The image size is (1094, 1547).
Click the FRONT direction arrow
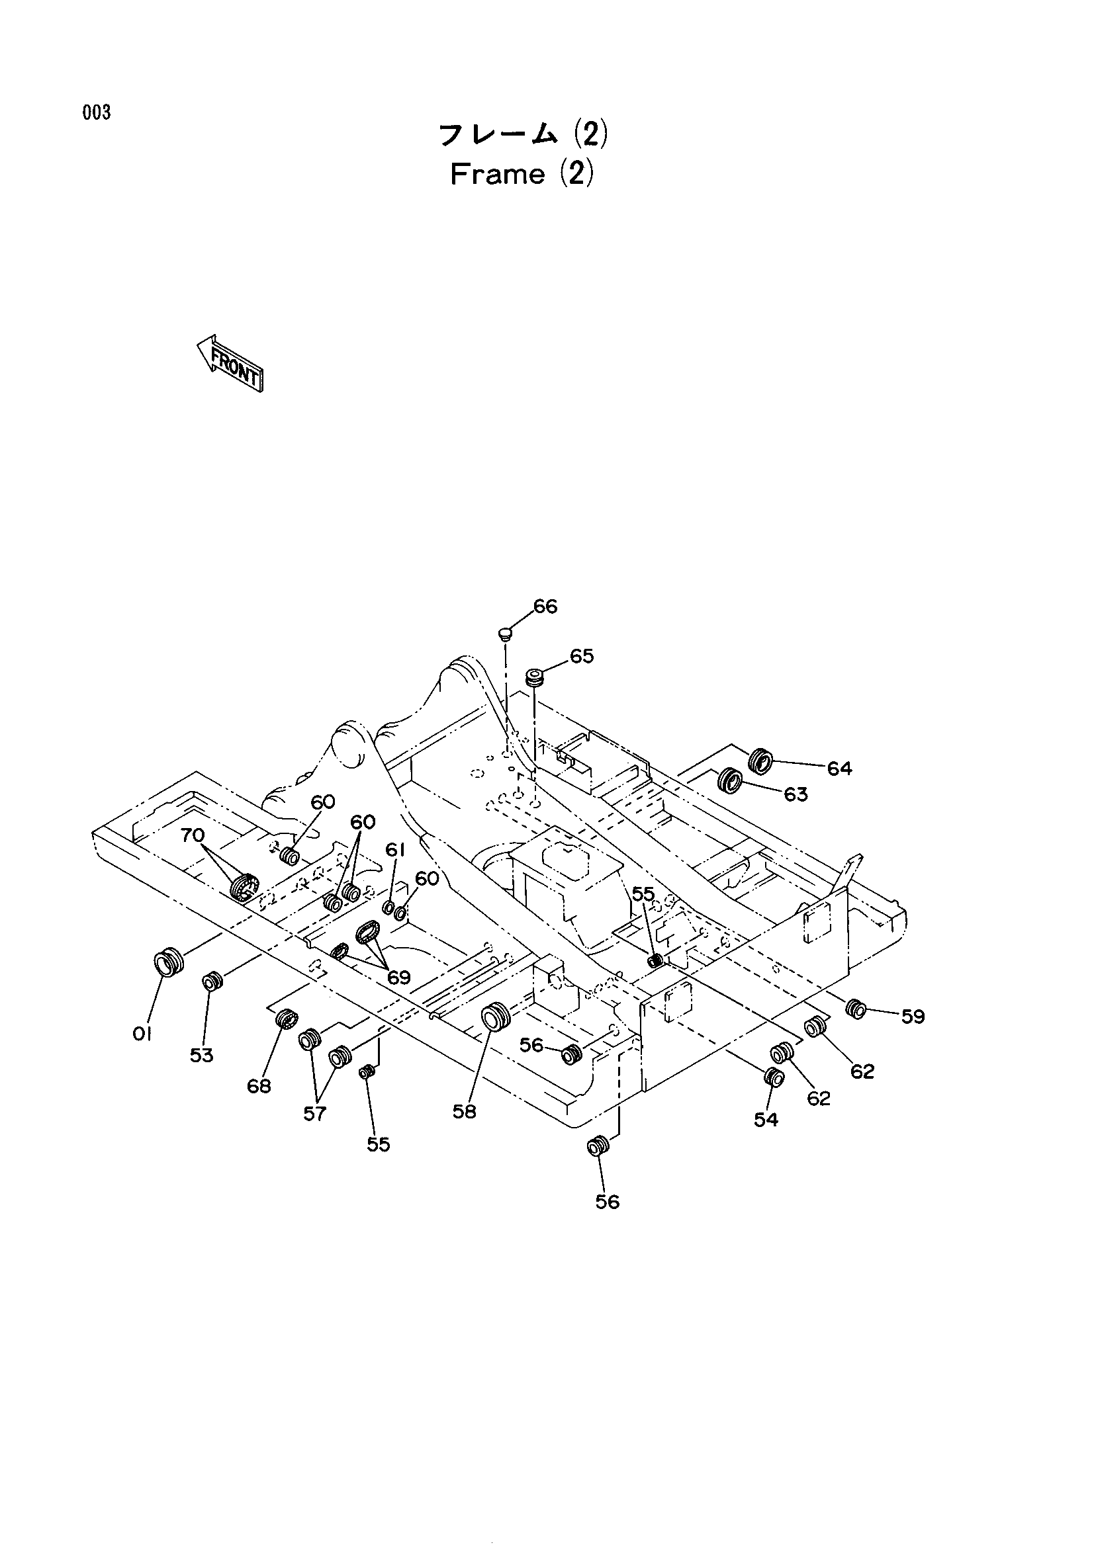click(x=229, y=363)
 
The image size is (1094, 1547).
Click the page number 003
click(x=97, y=113)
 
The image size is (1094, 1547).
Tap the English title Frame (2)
click(x=522, y=175)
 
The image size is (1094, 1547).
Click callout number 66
click(x=545, y=606)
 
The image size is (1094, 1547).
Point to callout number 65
click(x=581, y=655)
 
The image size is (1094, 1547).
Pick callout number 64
click(x=839, y=768)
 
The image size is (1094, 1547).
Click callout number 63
click(x=796, y=794)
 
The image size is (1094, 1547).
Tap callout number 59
click(x=913, y=1016)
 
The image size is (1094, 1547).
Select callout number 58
click(x=465, y=1111)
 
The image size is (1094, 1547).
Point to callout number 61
click(x=395, y=851)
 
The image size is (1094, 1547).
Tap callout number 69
click(x=399, y=976)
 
